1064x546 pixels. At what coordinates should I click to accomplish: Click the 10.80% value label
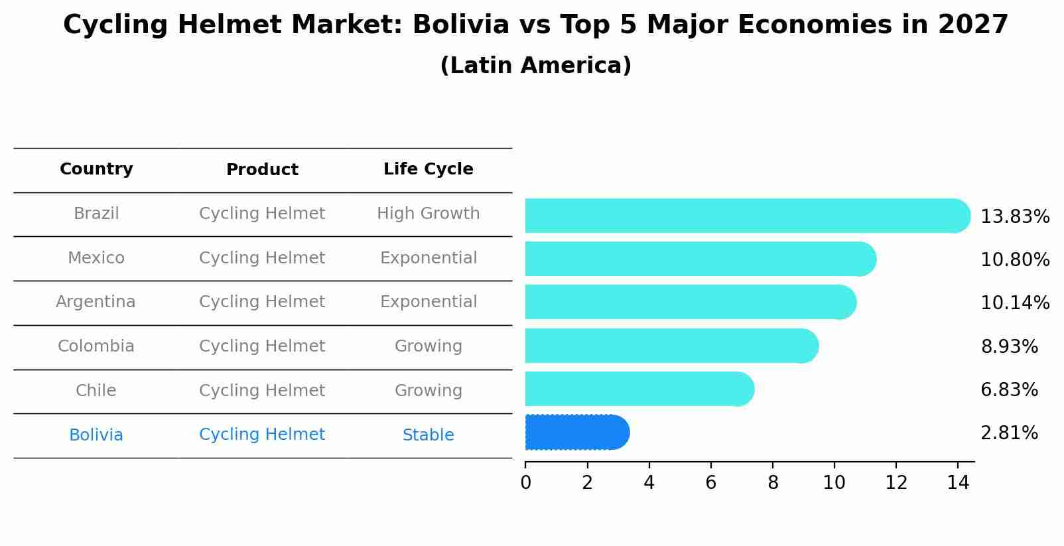point(1014,259)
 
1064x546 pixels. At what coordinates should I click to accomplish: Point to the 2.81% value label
point(1008,433)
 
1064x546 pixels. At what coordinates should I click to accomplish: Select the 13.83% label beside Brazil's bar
point(1014,216)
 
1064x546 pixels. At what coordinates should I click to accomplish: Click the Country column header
point(96,169)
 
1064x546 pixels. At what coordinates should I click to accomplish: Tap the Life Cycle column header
point(428,169)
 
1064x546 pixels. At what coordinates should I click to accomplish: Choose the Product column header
point(262,170)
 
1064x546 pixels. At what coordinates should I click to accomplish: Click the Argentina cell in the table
point(96,302)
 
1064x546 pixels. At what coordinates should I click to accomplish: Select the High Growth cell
point(428,214)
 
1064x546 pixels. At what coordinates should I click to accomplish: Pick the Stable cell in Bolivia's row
point(428,435)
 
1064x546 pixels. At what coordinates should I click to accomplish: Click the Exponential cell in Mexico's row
point(428,258)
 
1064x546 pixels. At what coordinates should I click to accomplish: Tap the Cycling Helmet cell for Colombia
point(262,346)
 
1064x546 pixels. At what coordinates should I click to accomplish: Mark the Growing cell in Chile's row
point(428,391)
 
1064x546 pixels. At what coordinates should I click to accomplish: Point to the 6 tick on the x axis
point(710,482)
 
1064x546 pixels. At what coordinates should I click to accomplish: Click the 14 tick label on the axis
point(958,482)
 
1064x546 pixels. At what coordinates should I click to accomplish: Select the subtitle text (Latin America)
point(535,66)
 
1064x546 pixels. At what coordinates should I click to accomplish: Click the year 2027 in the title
point(972,25)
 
